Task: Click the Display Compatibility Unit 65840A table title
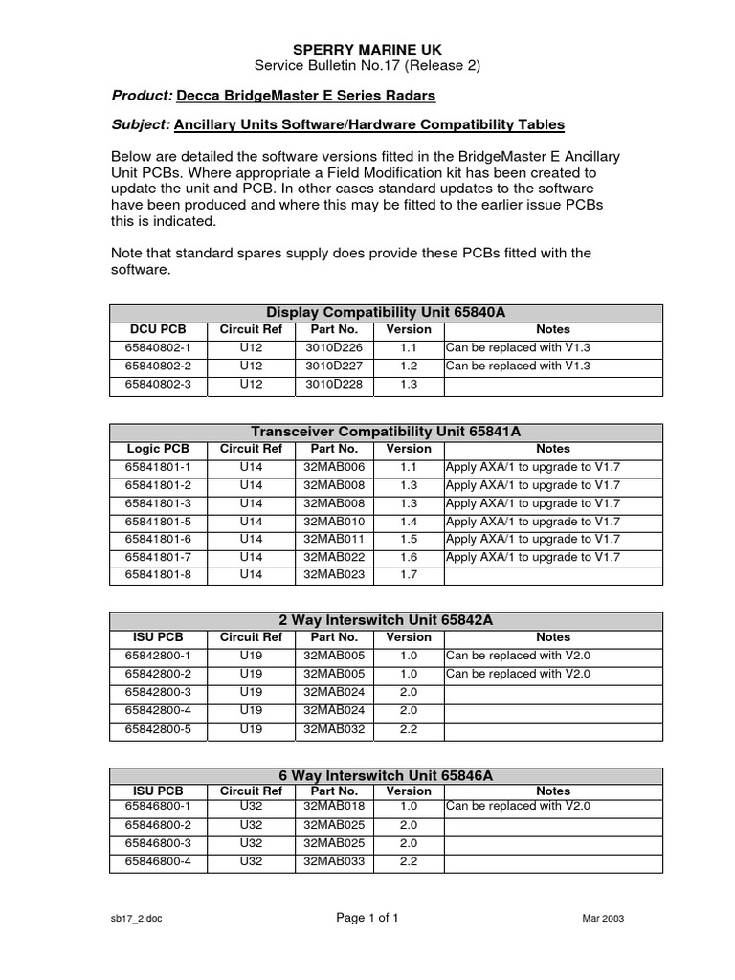pyautogui.click(x=386, y=312)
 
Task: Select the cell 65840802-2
pyautogui.click(x=159, y=366)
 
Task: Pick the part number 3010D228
pyautogui.click(x=329, y=384)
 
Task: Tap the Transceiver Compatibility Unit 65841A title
pyautogui.click(x=386, y=432)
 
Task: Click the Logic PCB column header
pyautogui.click(x=159, y=448)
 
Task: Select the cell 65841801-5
pyautogui.click(x=159, y=522)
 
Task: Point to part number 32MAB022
pyautogui.click(x=329, y=557)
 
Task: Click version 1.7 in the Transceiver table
pyautogui.click(x=409, y=575)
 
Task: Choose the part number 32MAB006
pyautogui.click(x=329, y=467)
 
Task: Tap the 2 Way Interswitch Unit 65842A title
pyautogui.click(x=386, y=620)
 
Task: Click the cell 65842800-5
pyautogui.click(x=159, y=728)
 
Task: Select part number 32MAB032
pyautogui.click(x=329, y=728)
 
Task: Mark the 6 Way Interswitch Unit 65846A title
pyautogui.click(x=386, y=775)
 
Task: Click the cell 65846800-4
pyautogui.click(x=159, y=861)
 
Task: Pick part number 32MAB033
pyautogui.click(x=329, y=861)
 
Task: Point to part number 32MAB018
pyautogui.click(x=329, y=806)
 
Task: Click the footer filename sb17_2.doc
pyautogui.click(x=130, y=919)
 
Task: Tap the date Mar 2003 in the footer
pyautogui.click(x=603, y=919)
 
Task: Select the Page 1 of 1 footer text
pyautogui.click(x=367, y=918)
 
